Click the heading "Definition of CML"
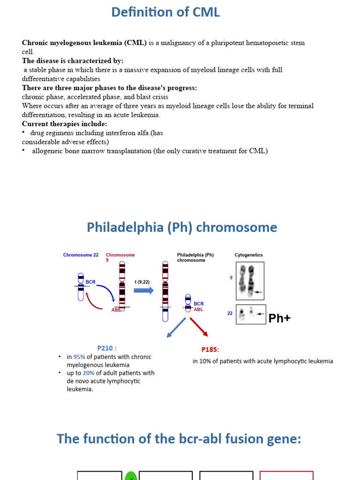(x=165, y=13)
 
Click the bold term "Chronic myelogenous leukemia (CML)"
(x=84, y=43)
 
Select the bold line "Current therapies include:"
(x=65, y=124)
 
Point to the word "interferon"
(x=115, y=133)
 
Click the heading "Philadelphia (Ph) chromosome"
(x=182, y=228)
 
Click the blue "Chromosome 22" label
(x=81, y=255)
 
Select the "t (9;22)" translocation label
(x=142, y=282)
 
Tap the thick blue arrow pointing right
(x=144, y=290)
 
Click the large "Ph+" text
(x=279, y=318)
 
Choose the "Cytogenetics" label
(x=248, y=255)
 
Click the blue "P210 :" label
(x=107, y=348)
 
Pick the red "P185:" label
(x=210, y=350)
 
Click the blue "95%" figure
(x=79, y=357)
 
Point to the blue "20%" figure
(x=89, y=373)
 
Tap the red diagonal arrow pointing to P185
(x=199, y=326)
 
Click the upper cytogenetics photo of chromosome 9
(x=250, y=280)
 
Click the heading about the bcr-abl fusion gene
(x=179, y=439)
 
